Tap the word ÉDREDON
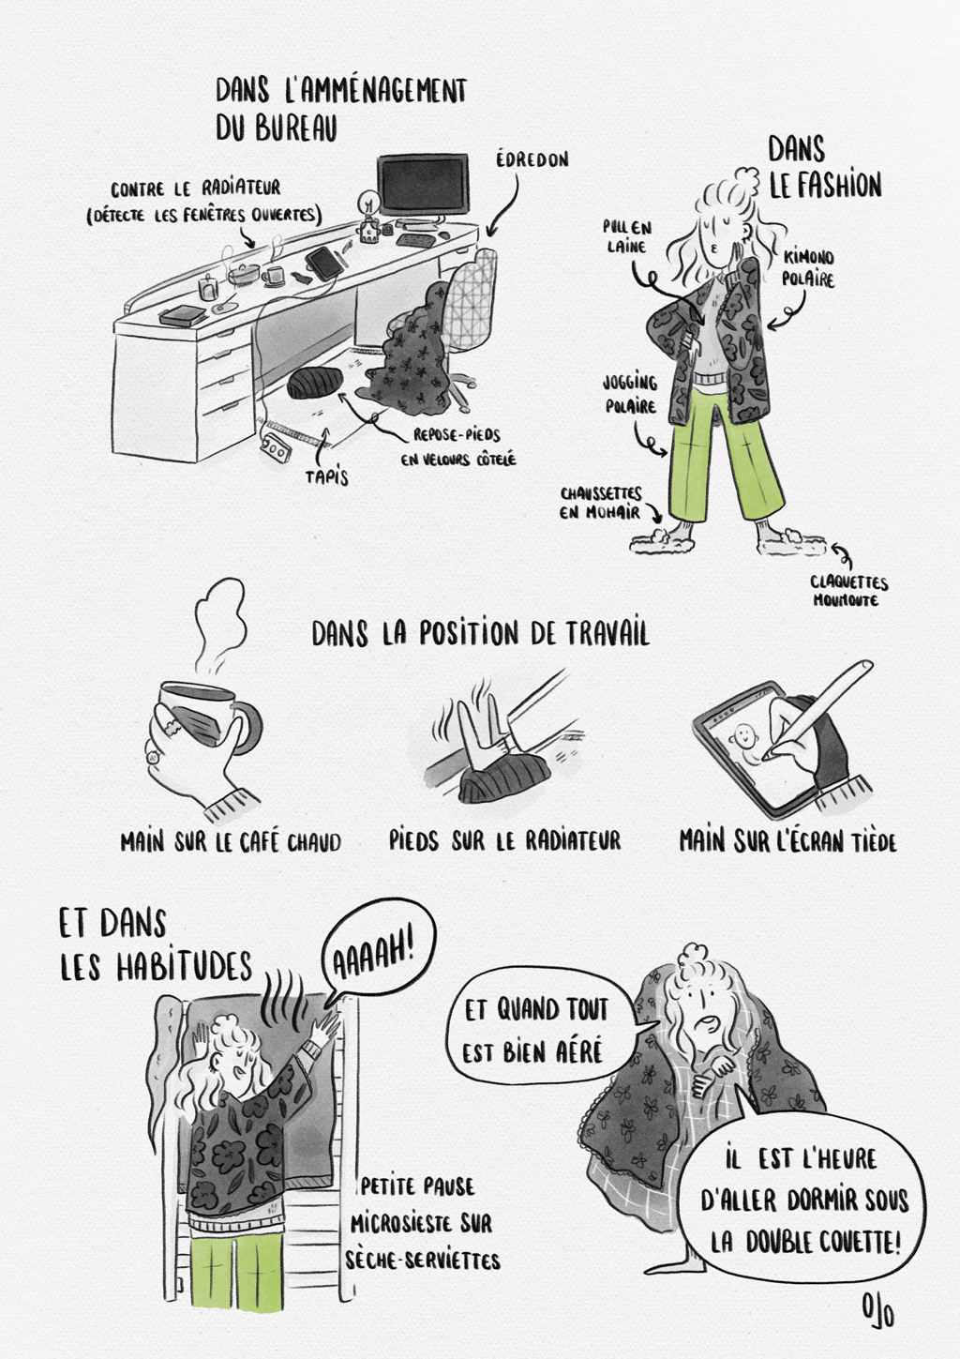click(x=532, y=159)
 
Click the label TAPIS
click(x=327, y=477)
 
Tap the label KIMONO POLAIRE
click(x=810, y=268)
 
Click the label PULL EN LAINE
click(x=626, y=236)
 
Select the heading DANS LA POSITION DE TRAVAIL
click(x=480, y=634)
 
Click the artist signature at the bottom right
click(x=878, y=1311)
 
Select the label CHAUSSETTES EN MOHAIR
click(x=600, y=503)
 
